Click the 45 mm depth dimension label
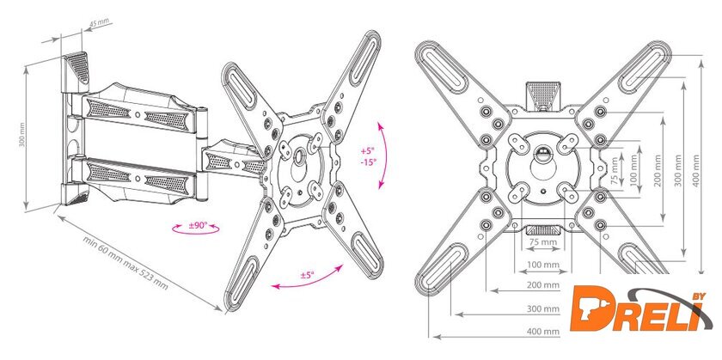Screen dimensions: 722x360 [99, 23]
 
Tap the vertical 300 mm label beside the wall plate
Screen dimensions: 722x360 [21, 135]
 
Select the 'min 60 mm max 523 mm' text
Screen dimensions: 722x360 [125, 263]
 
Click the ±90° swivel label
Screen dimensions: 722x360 [198, 226]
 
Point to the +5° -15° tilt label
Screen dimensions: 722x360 [369, 156]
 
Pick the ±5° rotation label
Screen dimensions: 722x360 [307, 275]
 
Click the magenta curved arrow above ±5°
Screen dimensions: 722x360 [307, 278]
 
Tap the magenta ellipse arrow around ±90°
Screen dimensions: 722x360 [196, 228]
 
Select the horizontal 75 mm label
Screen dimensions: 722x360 [542, 241]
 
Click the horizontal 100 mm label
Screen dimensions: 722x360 [544, 265]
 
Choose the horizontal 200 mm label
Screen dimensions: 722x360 [543, 285]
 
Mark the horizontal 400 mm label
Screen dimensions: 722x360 [544, 331]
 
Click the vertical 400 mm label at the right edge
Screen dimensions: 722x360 [695, 170]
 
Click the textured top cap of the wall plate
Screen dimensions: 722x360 [76, 67]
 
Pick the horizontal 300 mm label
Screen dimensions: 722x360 [544, 308]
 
